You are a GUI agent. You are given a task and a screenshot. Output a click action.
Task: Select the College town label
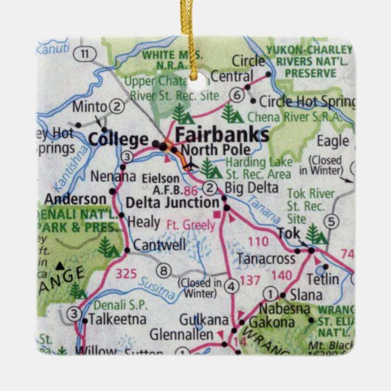(x=117, y=138)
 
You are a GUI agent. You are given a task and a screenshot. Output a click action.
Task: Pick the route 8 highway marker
(x=163, y=270)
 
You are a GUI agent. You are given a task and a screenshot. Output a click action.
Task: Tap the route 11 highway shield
(x=86, y=54)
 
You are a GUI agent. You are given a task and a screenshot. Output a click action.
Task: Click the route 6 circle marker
(x=236, y=94)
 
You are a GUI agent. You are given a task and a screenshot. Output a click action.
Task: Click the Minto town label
(x=92, y=106)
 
